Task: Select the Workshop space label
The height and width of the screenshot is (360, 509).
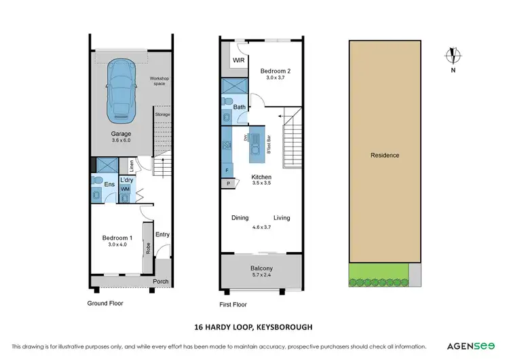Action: point(159,82)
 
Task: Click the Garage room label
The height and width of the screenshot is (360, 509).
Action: point(121,134)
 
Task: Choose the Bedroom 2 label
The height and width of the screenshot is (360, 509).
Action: point(276,70)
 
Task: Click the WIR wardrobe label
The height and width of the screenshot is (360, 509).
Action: point(238,60)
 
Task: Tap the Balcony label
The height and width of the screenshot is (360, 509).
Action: point(261,268)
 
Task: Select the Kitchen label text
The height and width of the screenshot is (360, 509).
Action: point(261,177)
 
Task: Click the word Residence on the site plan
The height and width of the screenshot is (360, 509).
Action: point(384,156)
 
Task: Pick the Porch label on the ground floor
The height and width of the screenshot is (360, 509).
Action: point(160,282)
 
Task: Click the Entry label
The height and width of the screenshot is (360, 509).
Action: point(162,234)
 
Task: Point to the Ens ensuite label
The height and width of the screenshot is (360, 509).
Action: point(109,184)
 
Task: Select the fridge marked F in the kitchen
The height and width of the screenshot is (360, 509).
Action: point(227,170)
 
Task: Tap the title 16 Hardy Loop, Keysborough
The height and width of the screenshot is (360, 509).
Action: point(254,326)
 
